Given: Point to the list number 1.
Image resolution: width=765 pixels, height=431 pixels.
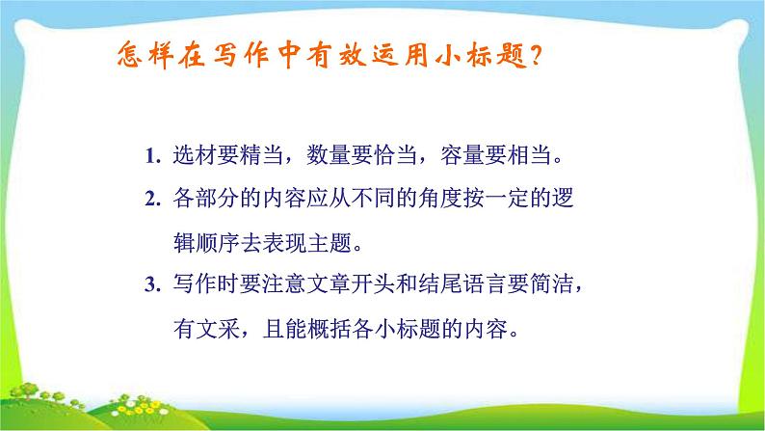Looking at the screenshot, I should click(151, 155).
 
